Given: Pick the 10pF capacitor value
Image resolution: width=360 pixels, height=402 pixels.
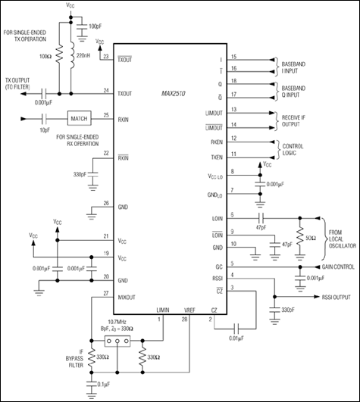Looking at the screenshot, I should click(45, 131).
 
